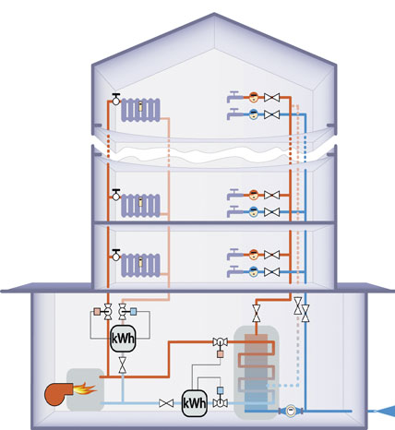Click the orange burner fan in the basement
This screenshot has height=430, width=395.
(x=57, y=394)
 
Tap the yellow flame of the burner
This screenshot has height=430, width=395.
(x=85, y=388)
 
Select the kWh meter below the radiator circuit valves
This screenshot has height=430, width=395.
(x=123, y=339)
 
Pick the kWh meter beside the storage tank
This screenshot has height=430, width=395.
(x=195, y=403)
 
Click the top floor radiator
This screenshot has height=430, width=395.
(x=140, y=110)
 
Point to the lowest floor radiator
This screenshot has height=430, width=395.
(x=140, y=265)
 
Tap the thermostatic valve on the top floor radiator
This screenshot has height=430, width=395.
(x=116, y=99)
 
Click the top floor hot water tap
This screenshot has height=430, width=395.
(x=234, y=97)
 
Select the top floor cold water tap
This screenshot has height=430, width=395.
(x=234, y=113)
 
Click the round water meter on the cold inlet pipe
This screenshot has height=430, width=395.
(x=291, y=411)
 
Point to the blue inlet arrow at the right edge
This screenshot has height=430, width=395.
(x=385, y=412)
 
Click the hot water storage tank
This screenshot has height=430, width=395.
(x=257, y=372)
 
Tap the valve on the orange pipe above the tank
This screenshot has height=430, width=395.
(x=257, y=314)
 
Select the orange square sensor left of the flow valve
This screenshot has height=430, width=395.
(x=97, y=312)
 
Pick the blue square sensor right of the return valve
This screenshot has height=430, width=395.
(x=133, y=312)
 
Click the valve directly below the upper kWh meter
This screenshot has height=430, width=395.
(x=123, y=365)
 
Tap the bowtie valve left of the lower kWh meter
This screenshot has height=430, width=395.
(x=166, y=403)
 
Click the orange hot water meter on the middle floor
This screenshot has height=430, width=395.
(x=254, y=195)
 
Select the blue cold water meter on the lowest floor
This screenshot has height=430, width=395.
(x=254, y=272)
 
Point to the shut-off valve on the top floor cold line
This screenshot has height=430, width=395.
(x=272, y=114)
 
